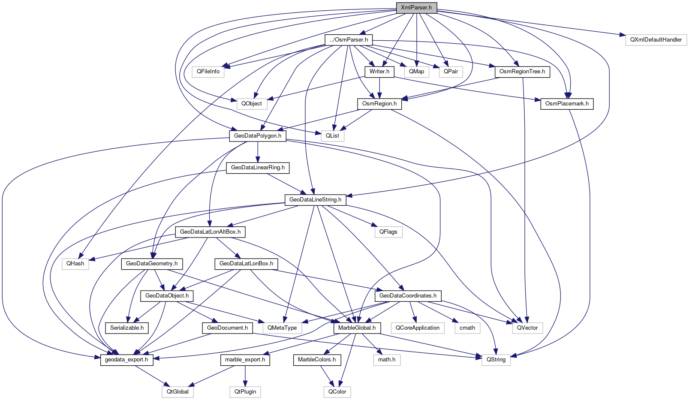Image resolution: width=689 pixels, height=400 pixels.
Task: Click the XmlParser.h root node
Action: click(416, 8)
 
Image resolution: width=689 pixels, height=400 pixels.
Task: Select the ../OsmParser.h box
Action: click(349, 40)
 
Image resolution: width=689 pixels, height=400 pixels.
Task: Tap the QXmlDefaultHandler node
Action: click(656, 40)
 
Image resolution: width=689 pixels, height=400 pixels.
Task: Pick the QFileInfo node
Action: click(208, 72)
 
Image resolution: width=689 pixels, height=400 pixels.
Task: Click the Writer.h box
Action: click(379, 72)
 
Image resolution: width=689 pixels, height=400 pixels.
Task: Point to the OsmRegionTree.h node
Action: click(522, 72)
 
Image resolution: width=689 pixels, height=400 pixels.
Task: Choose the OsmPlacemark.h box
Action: click(566, 104)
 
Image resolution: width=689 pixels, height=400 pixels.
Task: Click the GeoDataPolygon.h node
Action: click(257, 136)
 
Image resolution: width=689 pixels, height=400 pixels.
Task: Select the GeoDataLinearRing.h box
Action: click(258, 168)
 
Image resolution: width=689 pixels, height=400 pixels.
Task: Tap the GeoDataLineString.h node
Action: click(315, 200)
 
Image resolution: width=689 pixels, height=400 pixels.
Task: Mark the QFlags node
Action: click(388, 232)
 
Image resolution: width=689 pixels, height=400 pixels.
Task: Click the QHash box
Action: click(75, 264)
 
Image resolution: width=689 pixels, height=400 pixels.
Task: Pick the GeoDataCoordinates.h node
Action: click(408, 296)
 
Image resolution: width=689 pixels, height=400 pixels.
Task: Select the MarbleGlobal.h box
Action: click(357, 328)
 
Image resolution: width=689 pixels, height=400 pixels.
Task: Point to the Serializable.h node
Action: click(126, 328)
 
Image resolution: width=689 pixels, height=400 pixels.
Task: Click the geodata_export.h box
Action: click(126, 360)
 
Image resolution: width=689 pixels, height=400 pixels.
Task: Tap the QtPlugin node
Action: click(245, 392)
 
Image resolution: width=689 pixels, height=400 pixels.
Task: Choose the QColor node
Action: click(337, 392)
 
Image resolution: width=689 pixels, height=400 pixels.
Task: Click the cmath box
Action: click(467, 328)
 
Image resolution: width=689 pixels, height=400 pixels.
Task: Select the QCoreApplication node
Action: click(417, 328)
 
